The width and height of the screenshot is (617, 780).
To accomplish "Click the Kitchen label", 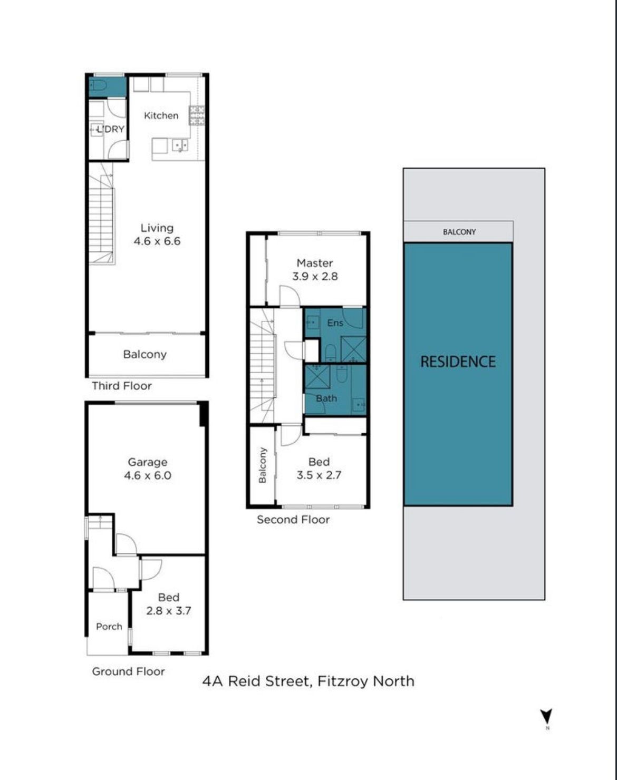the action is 161,115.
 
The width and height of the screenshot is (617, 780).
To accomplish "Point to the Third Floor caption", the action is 121,386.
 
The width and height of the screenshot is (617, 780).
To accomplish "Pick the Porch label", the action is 109,626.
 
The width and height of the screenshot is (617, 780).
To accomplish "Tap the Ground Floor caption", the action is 128,671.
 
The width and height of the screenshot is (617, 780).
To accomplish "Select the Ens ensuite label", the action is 335,323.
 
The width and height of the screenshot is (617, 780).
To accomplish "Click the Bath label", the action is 326,398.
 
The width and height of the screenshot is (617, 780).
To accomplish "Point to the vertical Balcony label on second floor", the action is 262,465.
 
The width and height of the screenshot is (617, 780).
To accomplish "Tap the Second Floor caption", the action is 293,520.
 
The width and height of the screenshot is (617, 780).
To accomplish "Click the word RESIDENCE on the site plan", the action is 458,362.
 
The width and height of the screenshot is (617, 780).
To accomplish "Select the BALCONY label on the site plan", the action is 459,232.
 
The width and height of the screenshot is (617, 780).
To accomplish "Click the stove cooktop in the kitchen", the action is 197,115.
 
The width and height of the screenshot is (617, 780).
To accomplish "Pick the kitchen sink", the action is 180,145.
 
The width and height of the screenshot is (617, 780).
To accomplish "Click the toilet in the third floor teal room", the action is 98,85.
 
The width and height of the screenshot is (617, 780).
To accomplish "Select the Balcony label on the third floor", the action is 144,354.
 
